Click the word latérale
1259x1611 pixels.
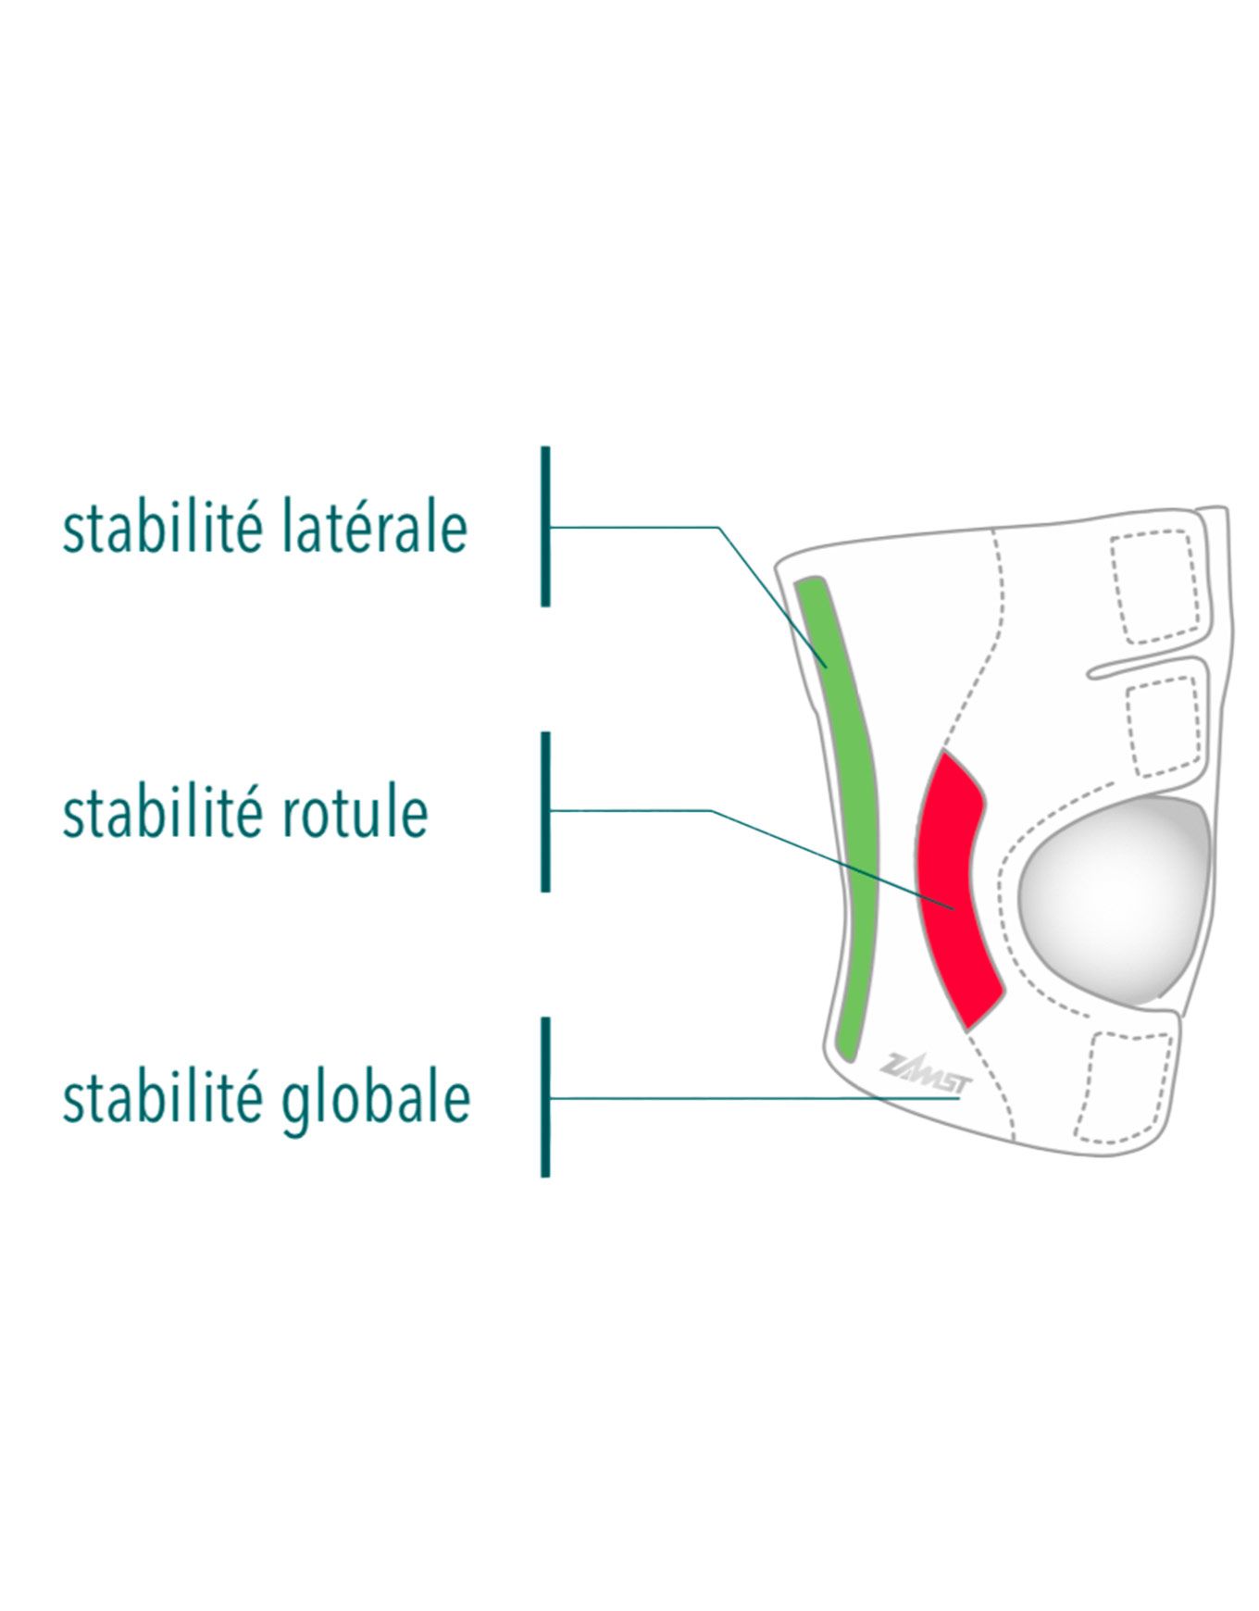pos(373,527)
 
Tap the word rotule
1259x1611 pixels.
pos(353,812)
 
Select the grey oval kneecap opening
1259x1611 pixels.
pos(1115,901)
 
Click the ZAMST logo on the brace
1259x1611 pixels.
pos(922,1074)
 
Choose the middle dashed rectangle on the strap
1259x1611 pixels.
pos(1164,728)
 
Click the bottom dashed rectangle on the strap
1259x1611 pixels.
pos(1125,1087)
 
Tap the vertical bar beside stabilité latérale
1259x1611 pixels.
pos(545,527)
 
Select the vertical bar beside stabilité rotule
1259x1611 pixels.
pos(545,812)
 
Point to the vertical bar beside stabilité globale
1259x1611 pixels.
pos(545,1097)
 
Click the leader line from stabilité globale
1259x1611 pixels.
pos(756,1098)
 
